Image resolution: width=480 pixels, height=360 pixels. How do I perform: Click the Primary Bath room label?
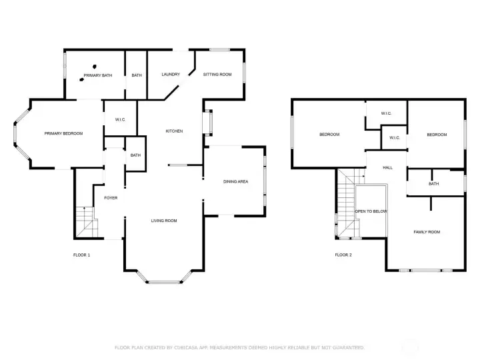pos(98,75)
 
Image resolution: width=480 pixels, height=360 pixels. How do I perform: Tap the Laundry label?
pos(171,75)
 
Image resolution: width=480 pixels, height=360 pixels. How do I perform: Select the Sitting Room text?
pos(217,75)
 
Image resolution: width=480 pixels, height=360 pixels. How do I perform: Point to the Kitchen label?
pos(174,131)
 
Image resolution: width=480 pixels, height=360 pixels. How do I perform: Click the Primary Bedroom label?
pos(64,133)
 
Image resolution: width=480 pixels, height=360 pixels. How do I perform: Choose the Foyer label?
pos(111,198)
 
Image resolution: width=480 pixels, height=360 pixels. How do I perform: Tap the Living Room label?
pos(164,221)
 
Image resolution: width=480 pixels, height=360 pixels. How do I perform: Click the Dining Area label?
pos(236,181)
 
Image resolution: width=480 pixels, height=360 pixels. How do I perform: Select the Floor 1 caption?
pos(82,255)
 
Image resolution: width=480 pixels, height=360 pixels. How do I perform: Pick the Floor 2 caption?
pos(343,255)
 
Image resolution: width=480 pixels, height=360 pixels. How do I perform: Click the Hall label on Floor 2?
pos(388,168)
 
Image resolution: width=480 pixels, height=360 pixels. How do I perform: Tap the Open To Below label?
pos(371,211)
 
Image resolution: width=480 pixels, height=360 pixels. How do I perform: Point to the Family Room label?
pos(427,232)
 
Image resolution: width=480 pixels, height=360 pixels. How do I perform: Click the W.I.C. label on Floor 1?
pos(120,120)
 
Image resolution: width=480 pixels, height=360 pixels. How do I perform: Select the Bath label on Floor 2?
pos(434,184)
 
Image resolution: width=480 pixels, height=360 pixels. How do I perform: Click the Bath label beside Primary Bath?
pos(137,75)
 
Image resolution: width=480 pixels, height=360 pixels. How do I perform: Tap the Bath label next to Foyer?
pos(135,155)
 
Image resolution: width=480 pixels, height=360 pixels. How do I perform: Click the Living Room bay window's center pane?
pos(165,282)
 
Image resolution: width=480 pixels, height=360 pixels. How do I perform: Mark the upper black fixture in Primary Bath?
pos(95,67)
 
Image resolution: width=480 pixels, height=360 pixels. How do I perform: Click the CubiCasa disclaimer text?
pos(240,347)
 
